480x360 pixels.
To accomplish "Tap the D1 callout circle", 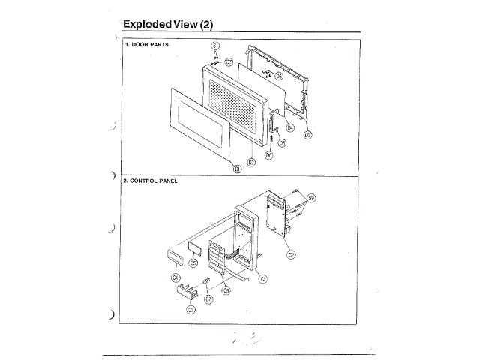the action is coord(237,169).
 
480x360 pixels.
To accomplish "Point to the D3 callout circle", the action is coord(307,134).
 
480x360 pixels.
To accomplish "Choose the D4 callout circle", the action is coord(290,127).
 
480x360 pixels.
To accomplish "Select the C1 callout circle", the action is coord(263,280).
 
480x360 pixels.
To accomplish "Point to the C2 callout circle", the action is coord(291,253).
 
